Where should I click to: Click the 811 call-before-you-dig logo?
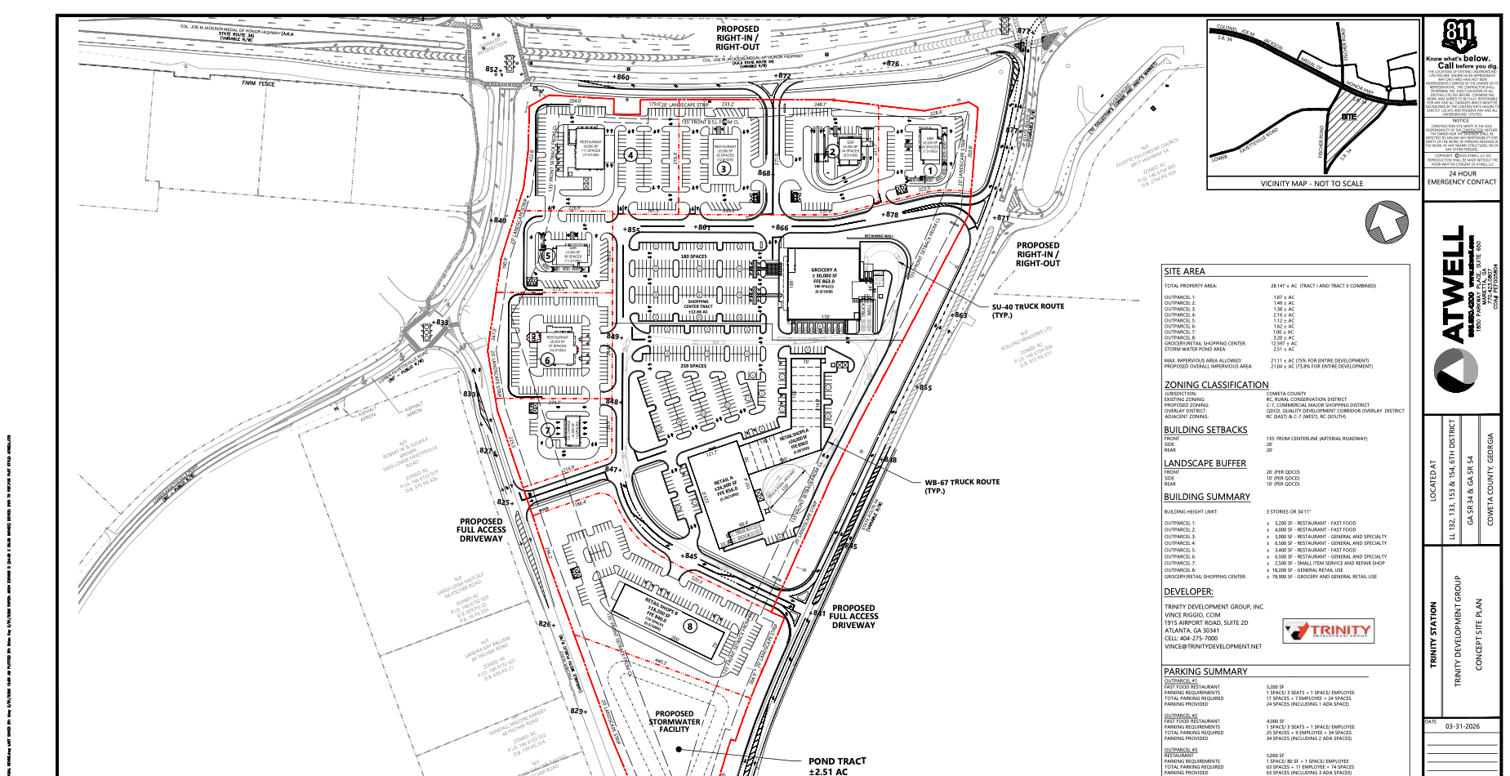[x=1459, y=34]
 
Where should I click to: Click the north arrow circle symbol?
[x=1387, y=221]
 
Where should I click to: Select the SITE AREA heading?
[x=1184, y=271]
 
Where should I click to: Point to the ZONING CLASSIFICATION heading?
[x=1216, y=385]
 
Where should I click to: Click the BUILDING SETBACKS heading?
[x=1205, y=430]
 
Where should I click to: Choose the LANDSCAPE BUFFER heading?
[x=1205, y=463]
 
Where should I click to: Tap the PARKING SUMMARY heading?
[x=1205, y=671]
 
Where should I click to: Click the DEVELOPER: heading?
[x=1188, y=591]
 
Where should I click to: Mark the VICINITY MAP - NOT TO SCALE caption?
[x=1312, y=184]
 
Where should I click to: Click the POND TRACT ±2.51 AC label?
[x=837, y=765]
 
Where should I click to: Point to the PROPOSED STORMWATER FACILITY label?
[x=675, y=721]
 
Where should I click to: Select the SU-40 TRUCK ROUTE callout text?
[x=1027, y=310]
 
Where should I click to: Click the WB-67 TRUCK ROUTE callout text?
[x=962, y=486]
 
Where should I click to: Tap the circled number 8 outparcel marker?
[x=690, y=627]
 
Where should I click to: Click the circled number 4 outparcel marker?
[x=630, y=154]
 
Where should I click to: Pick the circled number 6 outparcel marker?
[x=548, y=359]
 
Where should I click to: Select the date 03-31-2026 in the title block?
[x=1462, y=726]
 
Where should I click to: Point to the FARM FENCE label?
[x=259, y=83]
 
